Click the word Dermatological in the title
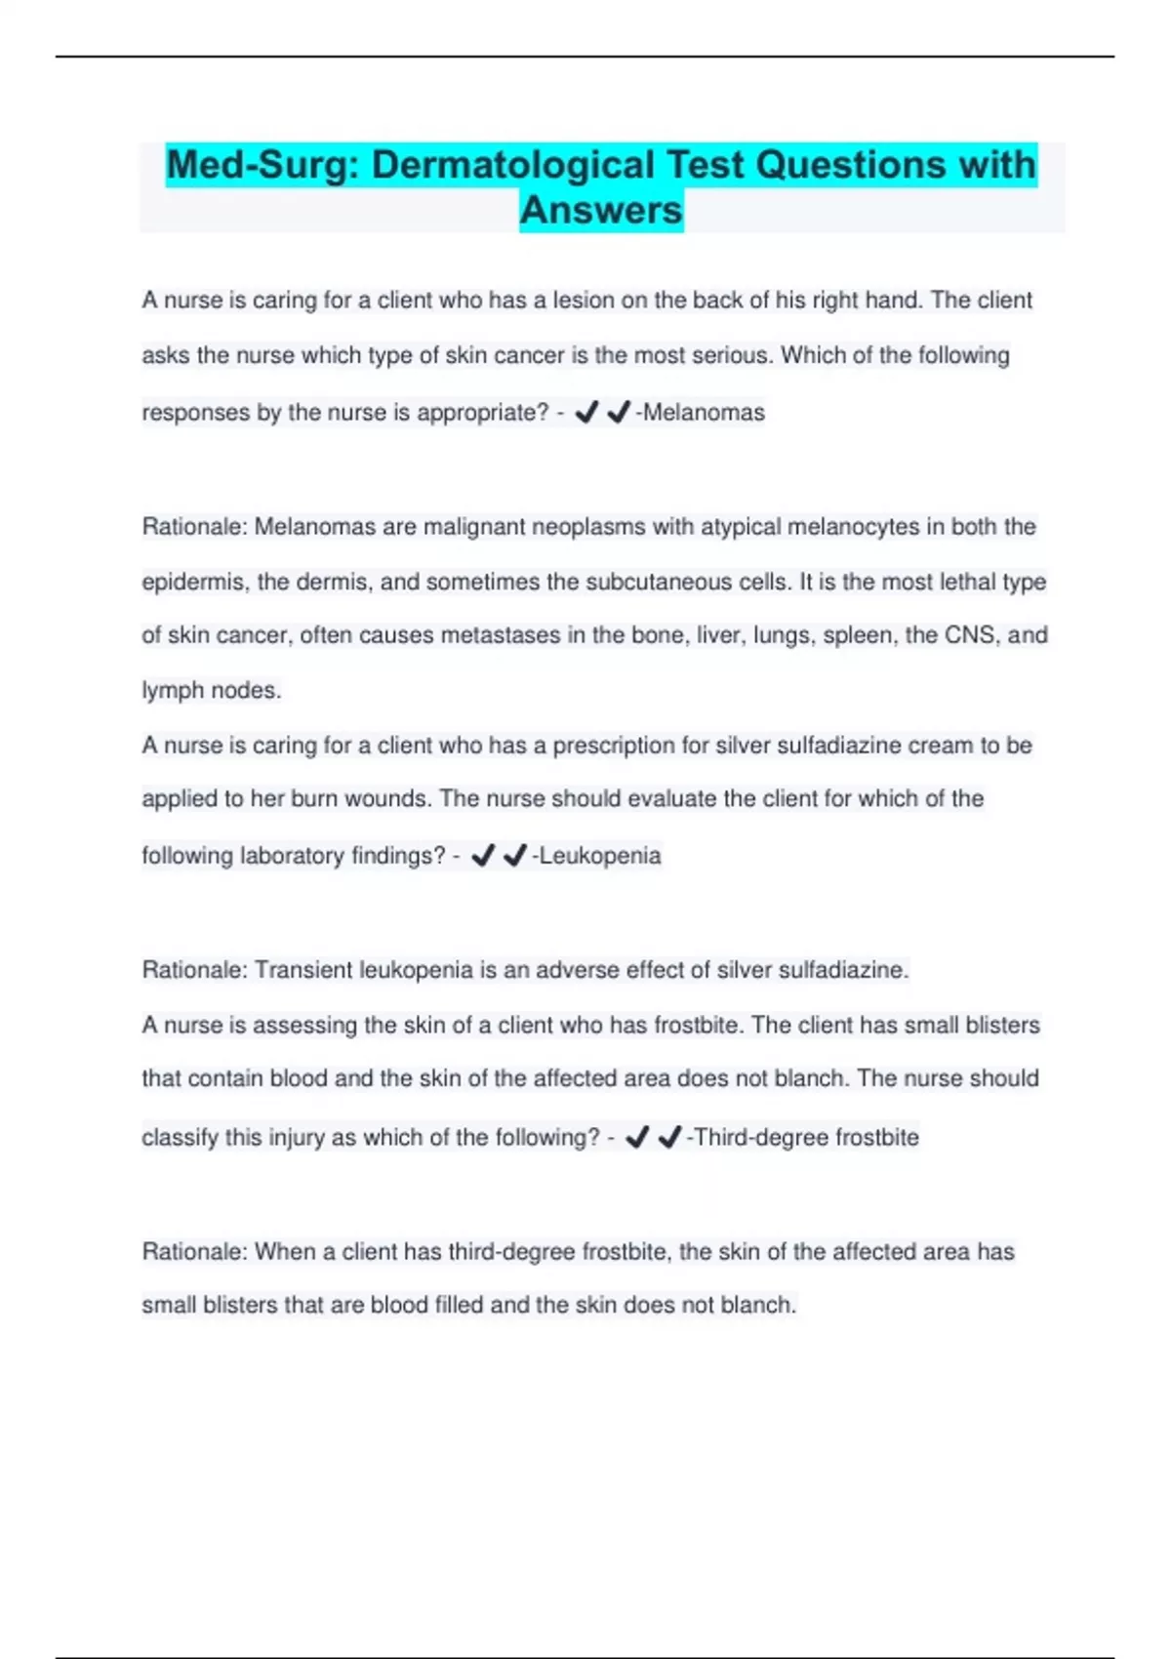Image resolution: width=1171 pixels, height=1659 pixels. click(512, 165)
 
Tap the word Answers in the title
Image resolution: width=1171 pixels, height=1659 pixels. click(601, 210)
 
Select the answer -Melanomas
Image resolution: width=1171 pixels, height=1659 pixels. click(701, 413)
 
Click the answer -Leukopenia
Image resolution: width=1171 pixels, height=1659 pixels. click(596, 856)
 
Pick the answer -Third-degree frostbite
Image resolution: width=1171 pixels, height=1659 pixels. click(803, 1137)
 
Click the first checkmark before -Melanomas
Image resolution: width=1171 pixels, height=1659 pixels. click(586, 413)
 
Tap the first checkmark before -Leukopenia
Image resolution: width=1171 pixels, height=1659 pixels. click(483, 856)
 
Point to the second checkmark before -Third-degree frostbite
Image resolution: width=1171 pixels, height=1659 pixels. click(669, 1137)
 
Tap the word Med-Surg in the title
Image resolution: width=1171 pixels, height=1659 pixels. click(257, 165)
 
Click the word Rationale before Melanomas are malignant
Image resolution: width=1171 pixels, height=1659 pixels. click(193, 527)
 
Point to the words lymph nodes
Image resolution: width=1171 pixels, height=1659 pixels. click(211, 691)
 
